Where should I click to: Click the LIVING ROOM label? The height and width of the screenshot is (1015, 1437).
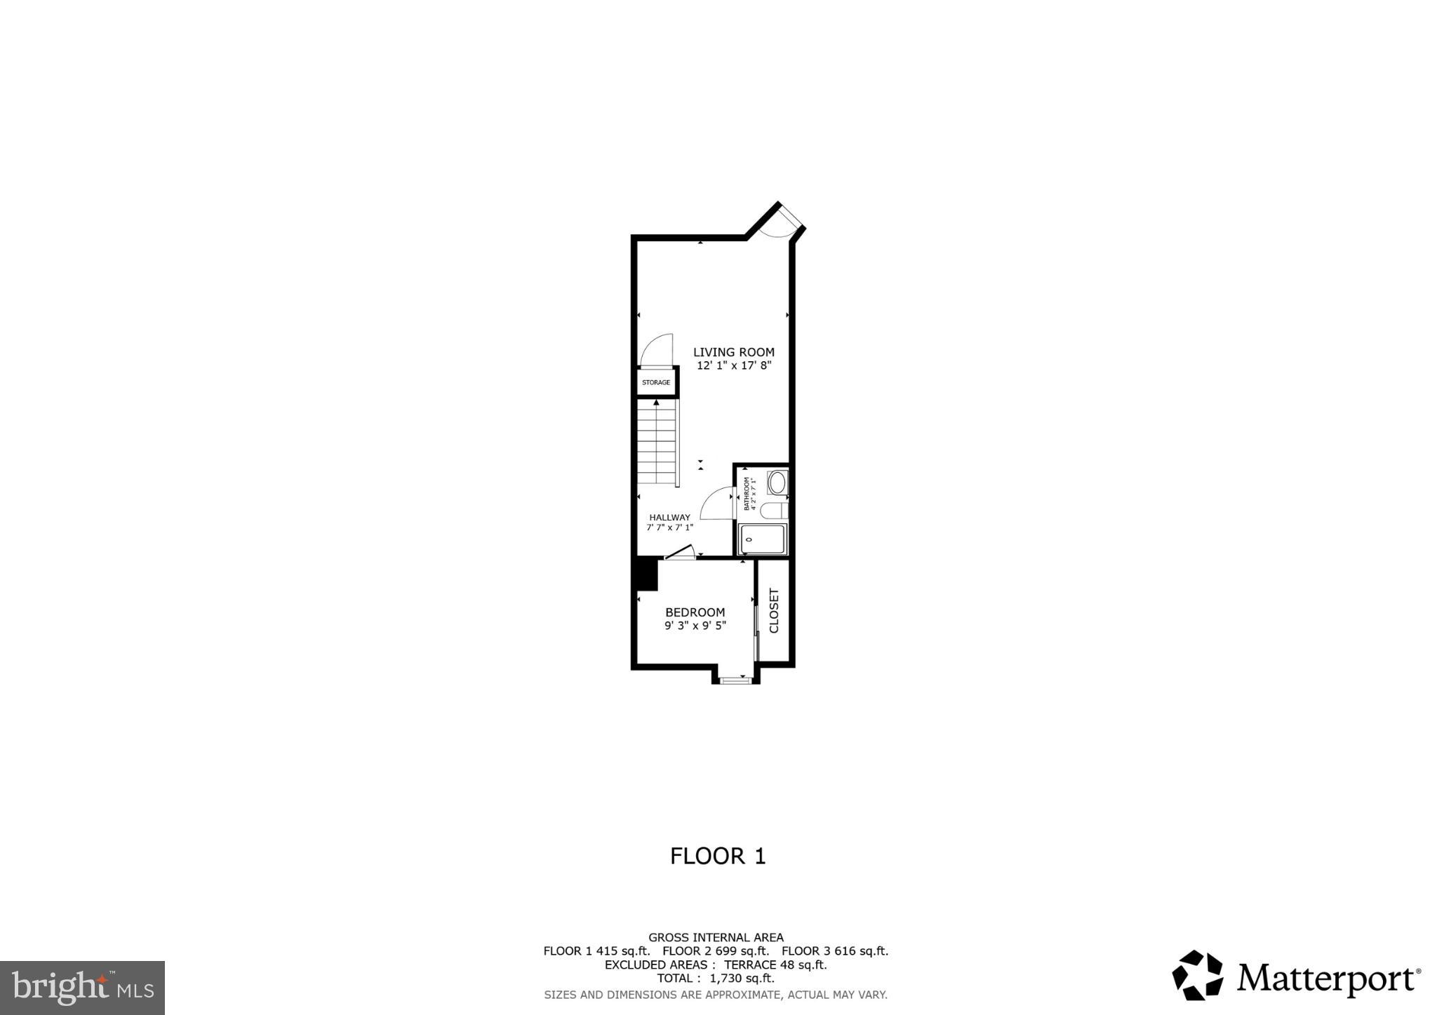(x=734, y=352)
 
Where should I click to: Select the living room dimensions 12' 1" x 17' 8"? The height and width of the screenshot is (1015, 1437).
(x=734, y=365)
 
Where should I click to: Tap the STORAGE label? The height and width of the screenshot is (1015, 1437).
(x=655, y=382)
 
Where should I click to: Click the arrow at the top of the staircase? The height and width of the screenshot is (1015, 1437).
(x=656, y=403)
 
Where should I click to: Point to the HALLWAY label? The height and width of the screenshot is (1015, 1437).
(x=669, y=517)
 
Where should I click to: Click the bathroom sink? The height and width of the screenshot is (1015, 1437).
(x=777, y=483)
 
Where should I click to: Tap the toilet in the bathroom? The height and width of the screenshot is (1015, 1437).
(x=775, y=509)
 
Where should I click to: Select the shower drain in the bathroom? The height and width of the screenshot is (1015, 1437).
(x=749, y=539)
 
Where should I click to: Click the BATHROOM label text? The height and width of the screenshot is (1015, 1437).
(x=747, y=493)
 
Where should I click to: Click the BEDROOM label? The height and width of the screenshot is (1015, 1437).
(x=695, y=612)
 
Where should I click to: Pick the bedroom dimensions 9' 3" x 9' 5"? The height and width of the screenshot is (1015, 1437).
(x=695, y=626)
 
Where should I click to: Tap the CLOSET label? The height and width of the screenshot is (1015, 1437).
(x=775, y=610)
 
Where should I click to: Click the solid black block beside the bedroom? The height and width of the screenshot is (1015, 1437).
(x=645, y=574)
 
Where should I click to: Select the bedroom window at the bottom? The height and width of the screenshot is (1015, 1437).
(x=735, y=679)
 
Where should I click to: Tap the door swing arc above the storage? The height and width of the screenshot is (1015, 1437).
(x=654, y=349)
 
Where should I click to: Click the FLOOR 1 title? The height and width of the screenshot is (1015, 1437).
(x=717, y=856)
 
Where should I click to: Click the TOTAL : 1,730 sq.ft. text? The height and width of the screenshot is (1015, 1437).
(x=715, y=979)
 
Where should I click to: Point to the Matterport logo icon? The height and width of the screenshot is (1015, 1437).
(x=1198, y=975)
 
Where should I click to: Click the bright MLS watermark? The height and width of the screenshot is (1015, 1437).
(x=82, y=988)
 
